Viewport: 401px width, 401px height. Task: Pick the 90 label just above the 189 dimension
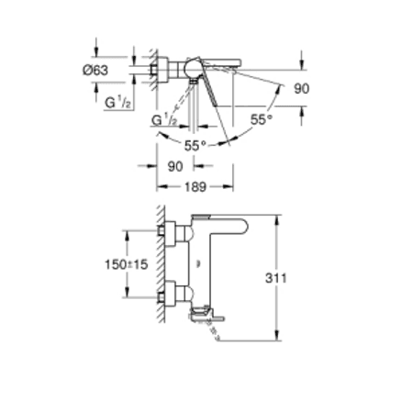tap(175, 167)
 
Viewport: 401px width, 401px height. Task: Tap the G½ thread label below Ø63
tap(117, 102)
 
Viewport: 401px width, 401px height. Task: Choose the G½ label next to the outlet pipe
tap(166, 120)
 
